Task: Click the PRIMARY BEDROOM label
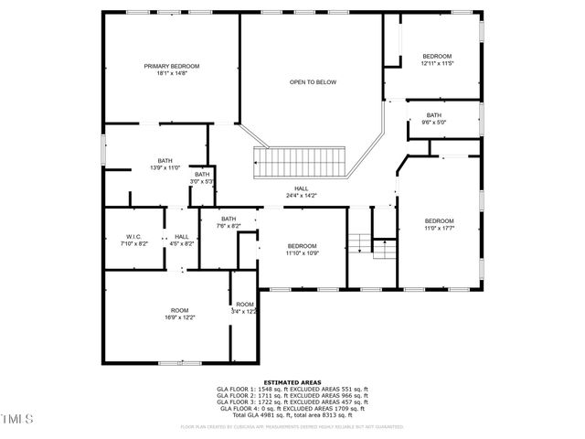171,67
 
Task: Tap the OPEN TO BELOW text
313,82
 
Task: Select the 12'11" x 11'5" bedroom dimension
437,63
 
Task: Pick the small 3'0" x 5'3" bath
201,178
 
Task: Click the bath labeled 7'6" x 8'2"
228,222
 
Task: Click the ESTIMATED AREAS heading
292,381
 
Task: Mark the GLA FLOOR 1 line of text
292,389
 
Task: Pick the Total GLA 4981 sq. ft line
292,417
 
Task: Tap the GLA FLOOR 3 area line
292,403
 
